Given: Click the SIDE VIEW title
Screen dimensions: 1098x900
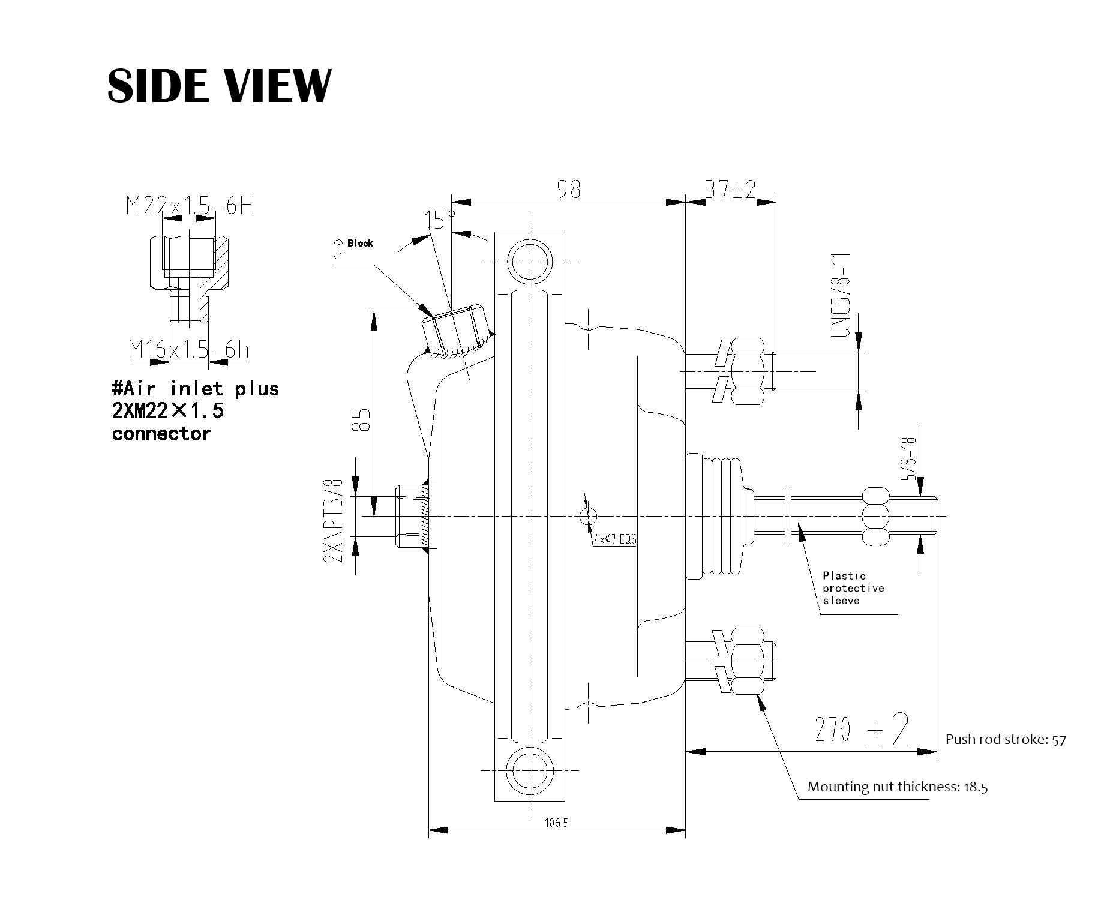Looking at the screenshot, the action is pos(219,85).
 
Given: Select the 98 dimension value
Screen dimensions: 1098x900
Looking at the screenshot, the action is pos(569,189).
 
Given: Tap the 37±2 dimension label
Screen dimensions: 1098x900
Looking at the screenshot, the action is pos(730,190).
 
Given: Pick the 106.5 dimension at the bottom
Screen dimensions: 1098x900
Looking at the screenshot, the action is pos(556,823).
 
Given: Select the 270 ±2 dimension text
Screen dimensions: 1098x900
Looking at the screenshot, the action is pos(861,728).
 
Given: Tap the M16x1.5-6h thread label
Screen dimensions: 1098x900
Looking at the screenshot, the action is pos(188,349).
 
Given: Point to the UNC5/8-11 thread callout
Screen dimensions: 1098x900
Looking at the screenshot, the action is pos(841,295).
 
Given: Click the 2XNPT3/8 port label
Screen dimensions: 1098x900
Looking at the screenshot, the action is pos(333,520).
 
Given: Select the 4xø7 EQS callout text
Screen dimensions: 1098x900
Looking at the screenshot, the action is pos(615,539).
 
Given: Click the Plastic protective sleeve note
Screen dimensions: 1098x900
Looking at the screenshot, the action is pos(853,588).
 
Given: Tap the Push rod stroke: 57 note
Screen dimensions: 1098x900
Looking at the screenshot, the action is pos(1006,739).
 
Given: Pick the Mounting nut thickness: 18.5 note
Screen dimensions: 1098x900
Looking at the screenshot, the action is pos(898,787).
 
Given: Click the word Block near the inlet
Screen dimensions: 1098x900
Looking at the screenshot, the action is pos(360,243).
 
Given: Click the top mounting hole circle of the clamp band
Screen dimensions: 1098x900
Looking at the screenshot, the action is pos(530,261).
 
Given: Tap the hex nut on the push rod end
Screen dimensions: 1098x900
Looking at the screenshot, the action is pos(875,517).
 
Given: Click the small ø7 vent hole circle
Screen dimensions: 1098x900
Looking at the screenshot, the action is pos(589,515).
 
